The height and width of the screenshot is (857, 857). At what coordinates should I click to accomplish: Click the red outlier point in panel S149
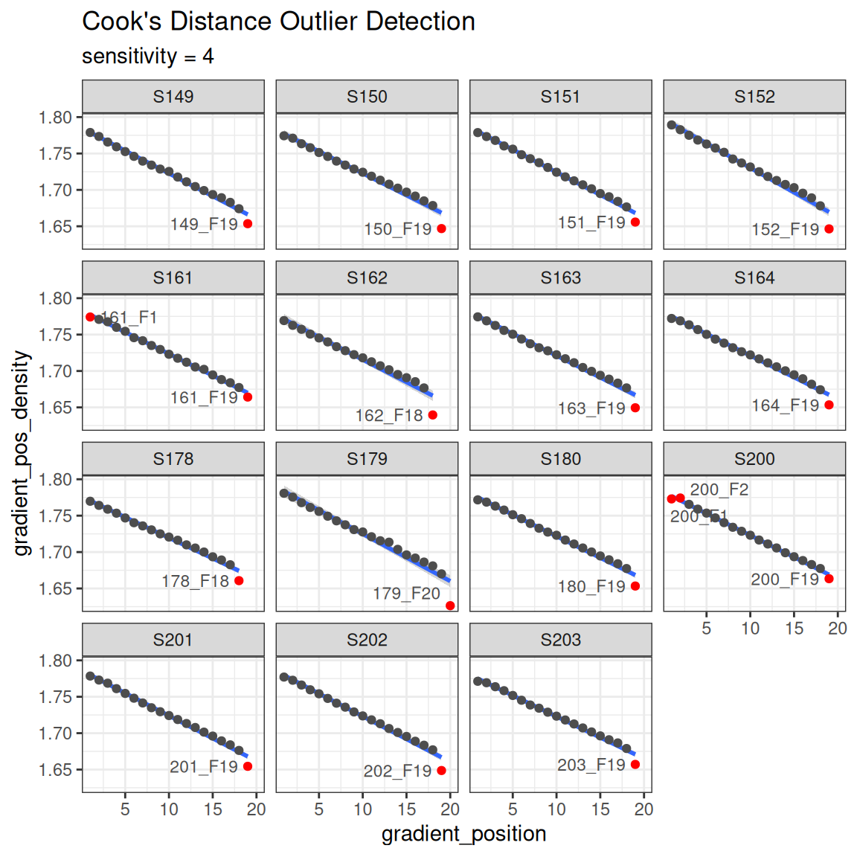tap(248, 224)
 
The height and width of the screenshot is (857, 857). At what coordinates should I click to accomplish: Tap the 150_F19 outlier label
tap(398, 229)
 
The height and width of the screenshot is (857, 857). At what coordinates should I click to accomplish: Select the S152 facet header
tap(754, 97)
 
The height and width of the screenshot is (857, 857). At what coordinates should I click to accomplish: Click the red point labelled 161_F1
tap(90, 317)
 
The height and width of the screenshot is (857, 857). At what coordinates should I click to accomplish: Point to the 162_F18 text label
tap(389, 416)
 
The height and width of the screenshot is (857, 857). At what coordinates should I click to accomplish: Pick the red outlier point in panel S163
tap(635, 408)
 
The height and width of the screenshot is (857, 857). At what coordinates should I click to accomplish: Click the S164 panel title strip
tap(754, 278)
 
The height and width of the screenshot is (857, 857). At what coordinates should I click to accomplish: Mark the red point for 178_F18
tap(239, 581)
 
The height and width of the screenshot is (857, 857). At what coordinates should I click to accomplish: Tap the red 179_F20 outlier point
tap(450, 606)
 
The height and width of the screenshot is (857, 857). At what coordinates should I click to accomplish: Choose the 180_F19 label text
tap(591, 587)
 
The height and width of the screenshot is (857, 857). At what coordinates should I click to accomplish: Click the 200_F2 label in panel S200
tap(719, 490)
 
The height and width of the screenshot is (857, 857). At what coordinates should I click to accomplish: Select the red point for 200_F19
tap(829, 579)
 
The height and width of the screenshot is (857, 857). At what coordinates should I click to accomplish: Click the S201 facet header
tap(173, 640)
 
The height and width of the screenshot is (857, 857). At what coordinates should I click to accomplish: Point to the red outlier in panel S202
tap(441, 771)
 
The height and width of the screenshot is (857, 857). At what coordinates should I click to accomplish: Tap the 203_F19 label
tap(591, 765)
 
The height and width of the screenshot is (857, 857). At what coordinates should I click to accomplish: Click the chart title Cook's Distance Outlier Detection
tap(278, 22)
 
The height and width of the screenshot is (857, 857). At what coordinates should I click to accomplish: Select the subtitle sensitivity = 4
tap(148, 57)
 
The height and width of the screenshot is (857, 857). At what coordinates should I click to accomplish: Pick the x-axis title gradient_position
tap(463, 834)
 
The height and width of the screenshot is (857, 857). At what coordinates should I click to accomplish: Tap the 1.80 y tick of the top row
tap(55, 118)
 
